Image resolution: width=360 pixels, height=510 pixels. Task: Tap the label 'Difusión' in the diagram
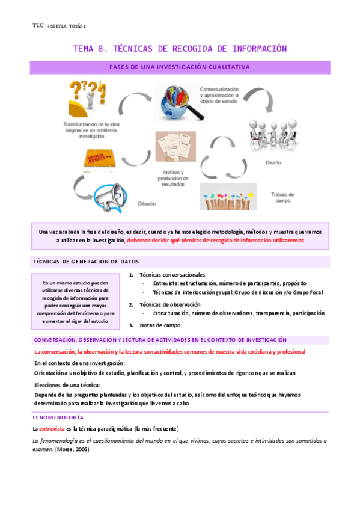click(150, 204)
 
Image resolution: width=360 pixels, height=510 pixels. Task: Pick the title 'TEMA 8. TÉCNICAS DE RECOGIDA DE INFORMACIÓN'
click(180, 49)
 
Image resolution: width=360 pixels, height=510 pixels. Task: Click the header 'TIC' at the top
click(39, 25)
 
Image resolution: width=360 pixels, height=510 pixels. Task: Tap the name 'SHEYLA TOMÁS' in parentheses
click(67, 26)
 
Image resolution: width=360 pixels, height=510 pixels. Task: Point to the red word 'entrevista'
click(52, 429)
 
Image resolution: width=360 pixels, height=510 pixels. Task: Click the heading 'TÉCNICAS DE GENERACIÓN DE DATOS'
click(85, 262)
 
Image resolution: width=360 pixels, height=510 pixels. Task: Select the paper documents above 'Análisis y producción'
click(175, 148)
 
